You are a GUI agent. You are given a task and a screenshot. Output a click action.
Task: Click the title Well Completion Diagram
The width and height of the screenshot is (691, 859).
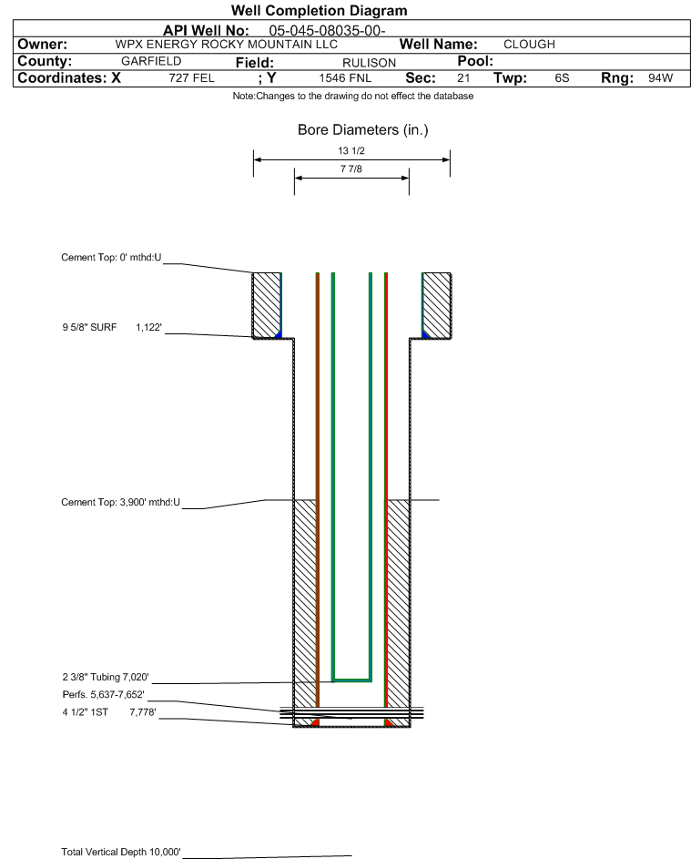click(320, 10)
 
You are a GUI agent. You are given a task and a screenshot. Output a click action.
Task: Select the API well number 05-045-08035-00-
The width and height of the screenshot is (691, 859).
click(327, 31)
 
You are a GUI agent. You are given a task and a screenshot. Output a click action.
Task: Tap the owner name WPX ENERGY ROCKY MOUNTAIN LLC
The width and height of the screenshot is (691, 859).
click(226, 45)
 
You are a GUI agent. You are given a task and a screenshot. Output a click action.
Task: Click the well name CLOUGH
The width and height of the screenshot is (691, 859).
click(529, 45)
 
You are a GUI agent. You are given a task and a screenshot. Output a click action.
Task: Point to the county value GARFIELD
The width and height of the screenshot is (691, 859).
click(151, 61)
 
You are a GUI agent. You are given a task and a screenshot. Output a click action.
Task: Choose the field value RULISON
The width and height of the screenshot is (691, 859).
click(369, 63)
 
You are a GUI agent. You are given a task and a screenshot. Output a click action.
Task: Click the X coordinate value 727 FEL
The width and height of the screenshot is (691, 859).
click(191, 77)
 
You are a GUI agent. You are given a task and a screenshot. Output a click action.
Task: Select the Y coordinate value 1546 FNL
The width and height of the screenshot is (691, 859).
click(345, 77)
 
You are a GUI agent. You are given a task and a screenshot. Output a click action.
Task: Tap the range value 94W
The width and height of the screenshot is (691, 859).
click(660, 77)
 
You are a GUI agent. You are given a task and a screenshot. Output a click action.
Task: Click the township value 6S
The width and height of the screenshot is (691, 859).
click(562, 77)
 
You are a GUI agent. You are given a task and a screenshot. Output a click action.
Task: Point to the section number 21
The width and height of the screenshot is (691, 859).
click(463, 77)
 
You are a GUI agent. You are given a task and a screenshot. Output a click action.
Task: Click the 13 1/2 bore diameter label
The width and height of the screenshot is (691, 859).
click(351, 150)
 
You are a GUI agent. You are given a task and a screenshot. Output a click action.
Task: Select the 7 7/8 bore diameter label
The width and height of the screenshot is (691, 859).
click(351, 169)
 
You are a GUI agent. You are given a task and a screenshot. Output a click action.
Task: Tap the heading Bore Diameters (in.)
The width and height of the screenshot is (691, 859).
click(362, 130)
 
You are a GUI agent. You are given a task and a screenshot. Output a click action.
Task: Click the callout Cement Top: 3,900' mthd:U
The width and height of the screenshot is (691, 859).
click(120, 502)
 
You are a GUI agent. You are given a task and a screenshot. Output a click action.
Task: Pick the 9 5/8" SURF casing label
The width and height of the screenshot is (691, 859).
click(89, 327)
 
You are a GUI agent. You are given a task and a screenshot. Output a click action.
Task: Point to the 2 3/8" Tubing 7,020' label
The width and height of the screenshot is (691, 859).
click(106, 677)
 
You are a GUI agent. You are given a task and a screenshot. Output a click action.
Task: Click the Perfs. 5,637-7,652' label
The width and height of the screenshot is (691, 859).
click(104, 695)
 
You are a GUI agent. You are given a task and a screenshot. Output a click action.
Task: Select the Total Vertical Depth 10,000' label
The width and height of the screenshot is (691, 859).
click(121, 852)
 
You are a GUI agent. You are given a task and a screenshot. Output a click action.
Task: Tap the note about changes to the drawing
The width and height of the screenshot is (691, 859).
click(352, 96)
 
